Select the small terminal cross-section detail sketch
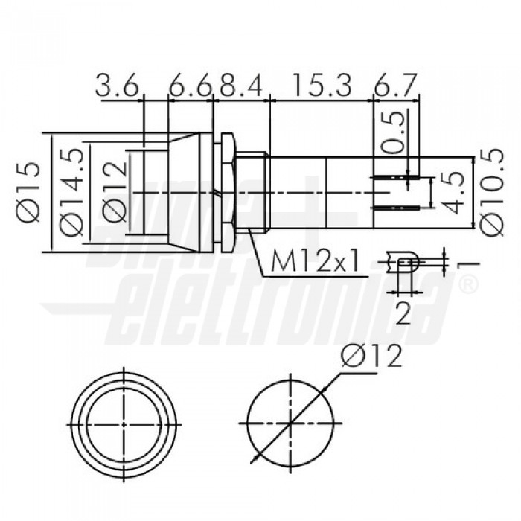point(403,262)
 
